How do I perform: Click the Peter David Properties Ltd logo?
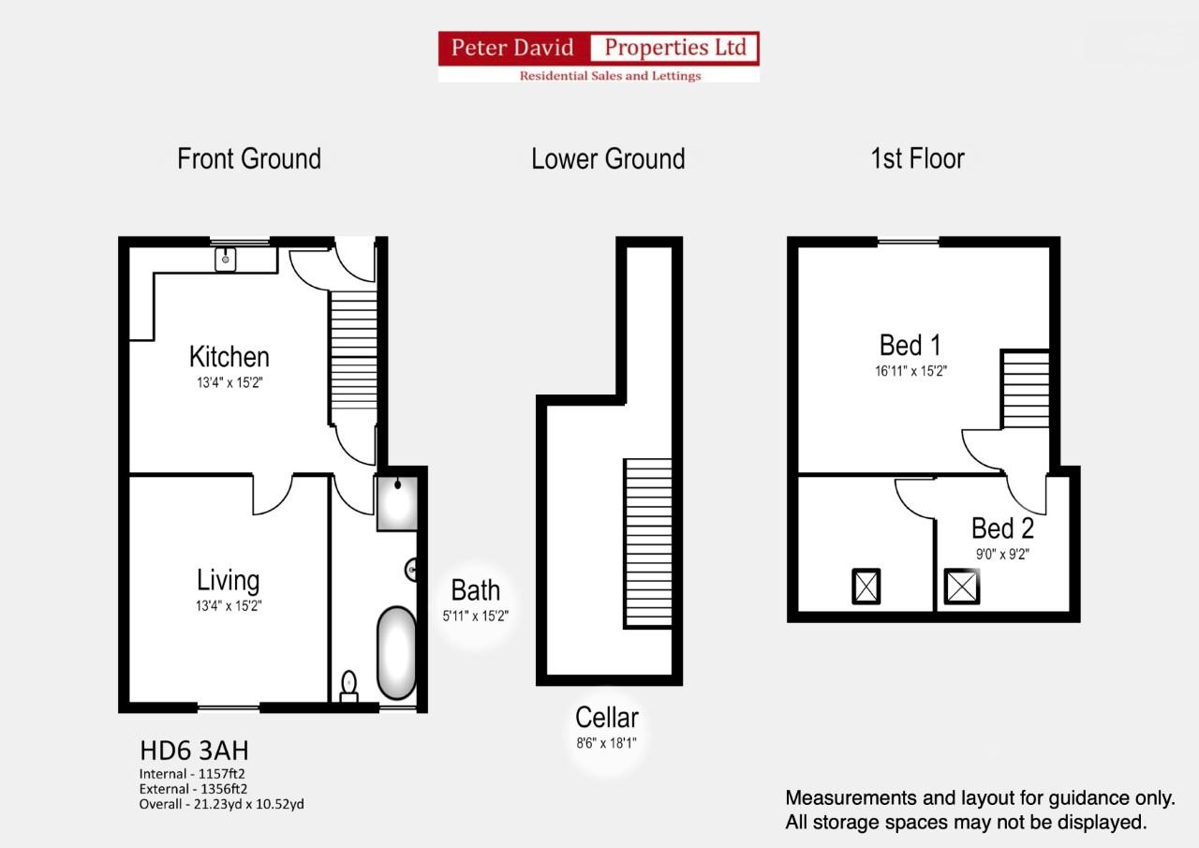point(599,56)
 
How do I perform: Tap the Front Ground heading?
point(249,158)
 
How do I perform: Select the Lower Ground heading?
point(608,158)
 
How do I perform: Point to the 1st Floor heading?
point(917,158)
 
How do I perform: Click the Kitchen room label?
point(229,357)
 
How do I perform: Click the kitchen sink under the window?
point(226,259)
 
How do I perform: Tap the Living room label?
point(228,581)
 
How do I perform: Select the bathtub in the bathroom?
point(396,653)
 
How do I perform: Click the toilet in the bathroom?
point(349,687)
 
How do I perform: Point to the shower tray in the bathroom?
point(396,503)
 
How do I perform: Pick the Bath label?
point(476,590)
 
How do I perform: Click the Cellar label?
point(607,718)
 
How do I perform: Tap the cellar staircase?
point(648,543)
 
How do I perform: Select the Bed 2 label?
point(1002,528)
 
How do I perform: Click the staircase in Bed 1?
point(1025,389)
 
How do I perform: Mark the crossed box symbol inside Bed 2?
point(961,587)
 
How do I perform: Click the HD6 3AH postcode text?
point(194,751)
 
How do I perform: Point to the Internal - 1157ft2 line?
point(192,774)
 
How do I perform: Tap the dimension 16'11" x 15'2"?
point(910,370)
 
